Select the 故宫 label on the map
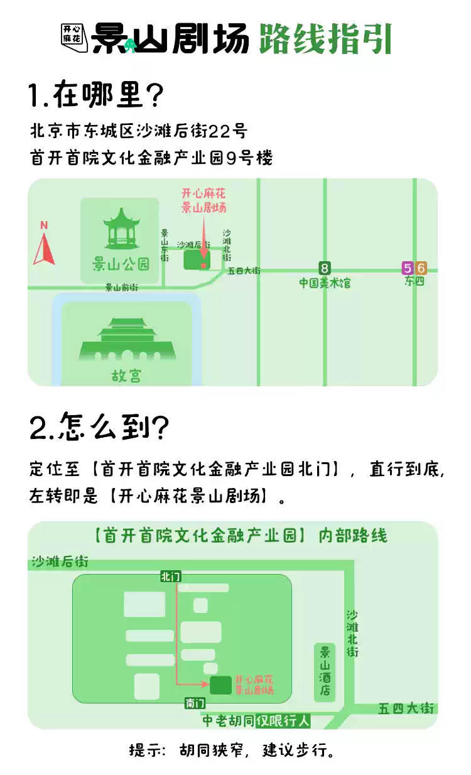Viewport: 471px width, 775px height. (x=127, y=376)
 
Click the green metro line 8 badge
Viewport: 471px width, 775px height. (x=325, y=268)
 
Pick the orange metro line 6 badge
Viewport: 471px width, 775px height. (x=421, y=268)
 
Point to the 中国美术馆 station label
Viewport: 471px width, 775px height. (x=325, y=283)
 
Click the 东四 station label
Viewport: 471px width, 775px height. (x=414, y=282)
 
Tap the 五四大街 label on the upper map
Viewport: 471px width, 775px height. (x=244, y=271)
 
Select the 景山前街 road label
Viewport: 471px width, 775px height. (x=121, y=288)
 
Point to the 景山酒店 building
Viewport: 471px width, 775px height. (x=325, y=672)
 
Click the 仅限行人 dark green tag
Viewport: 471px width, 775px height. (x=283, y=721)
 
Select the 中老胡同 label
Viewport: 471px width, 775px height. (x=228, y=721)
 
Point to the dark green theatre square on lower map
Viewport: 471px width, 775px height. (x=220, y=685)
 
